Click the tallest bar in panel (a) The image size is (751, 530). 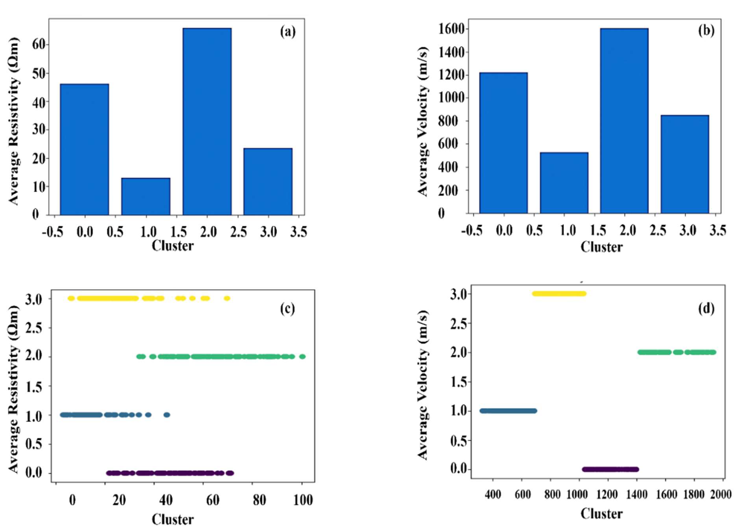[207, 121]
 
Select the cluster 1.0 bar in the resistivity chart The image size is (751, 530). [146, 196]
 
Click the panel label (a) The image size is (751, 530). [288, 32]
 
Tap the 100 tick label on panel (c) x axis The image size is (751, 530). [303, 500]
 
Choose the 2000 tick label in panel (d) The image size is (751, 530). [720, 495]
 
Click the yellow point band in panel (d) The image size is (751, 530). [559, 294]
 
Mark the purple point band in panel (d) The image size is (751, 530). [610, 469]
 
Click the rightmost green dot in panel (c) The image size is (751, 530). [303, 356]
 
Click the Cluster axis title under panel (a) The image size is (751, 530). [173, 246]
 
